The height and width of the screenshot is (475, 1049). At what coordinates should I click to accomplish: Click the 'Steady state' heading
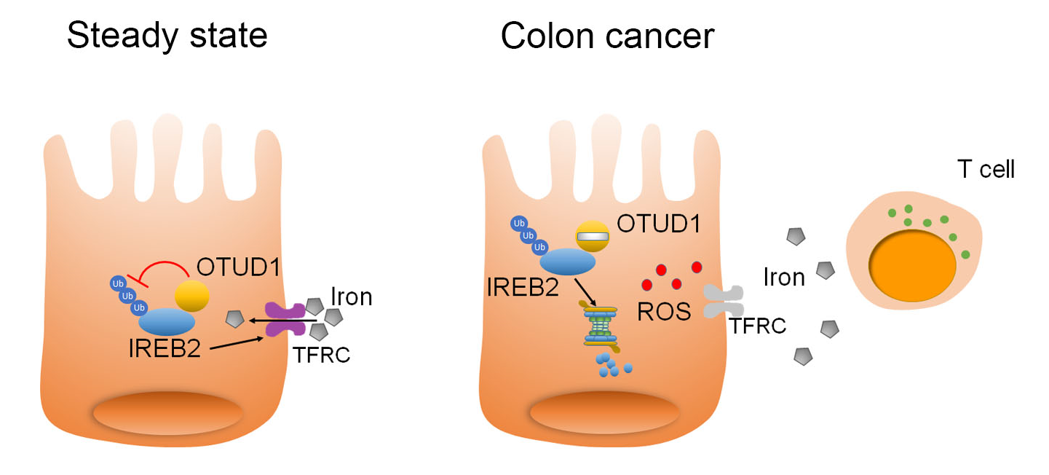(167, 36)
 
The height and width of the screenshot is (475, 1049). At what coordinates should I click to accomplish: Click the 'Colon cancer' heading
(607, 36)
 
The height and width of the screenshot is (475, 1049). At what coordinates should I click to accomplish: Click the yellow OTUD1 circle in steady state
(192, 297)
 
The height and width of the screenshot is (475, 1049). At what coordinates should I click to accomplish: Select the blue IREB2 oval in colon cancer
(567, 261)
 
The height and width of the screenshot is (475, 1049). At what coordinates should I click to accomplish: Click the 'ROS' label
(662, 312)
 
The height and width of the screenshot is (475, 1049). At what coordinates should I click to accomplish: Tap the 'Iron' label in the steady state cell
(351, 297)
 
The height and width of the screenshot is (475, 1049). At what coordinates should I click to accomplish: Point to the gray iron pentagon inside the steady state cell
(235, 319)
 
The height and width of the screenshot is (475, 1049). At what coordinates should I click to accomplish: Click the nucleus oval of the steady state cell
(167, 412)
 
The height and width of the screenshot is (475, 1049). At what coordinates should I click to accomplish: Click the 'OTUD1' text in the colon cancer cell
(659, 224)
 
